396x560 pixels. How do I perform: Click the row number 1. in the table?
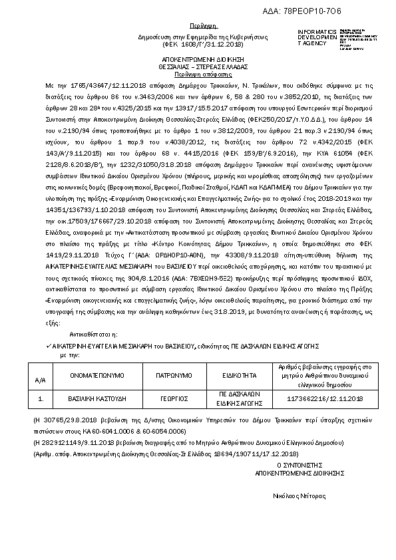point(41,398)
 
